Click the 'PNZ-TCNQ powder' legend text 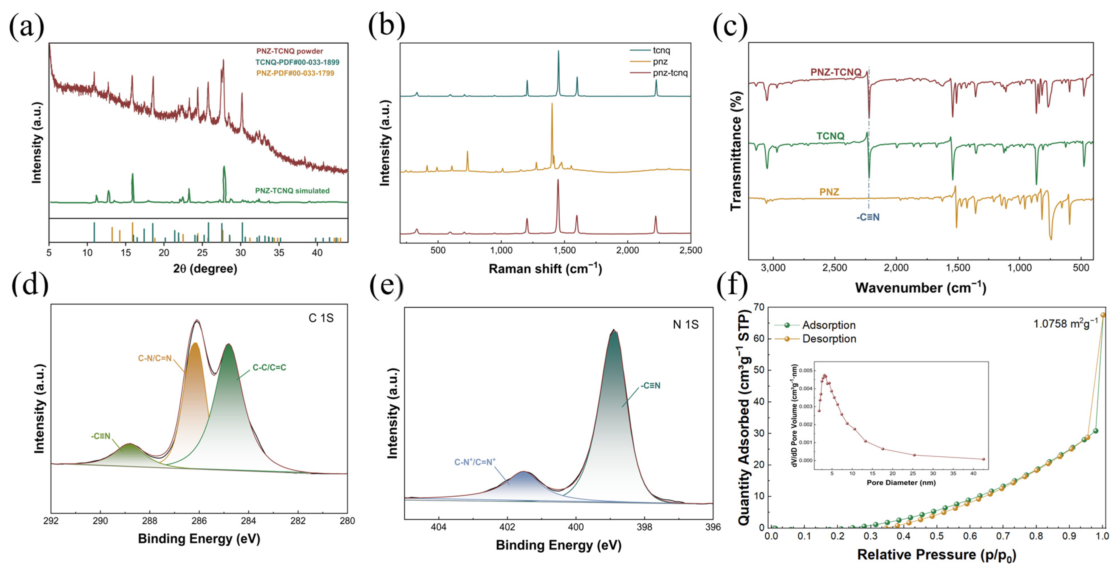(290, 51)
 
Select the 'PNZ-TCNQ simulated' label (292, 191)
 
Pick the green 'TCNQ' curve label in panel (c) (830, 136)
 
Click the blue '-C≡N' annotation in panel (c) (868, 217)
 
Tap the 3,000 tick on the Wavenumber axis (773, 268)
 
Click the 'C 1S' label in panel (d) (321, 318)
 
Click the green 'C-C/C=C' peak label (269, 368)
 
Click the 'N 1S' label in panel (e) (686, 325)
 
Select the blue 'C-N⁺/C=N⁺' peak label (475, 462)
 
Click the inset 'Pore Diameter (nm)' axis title (901, 482)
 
